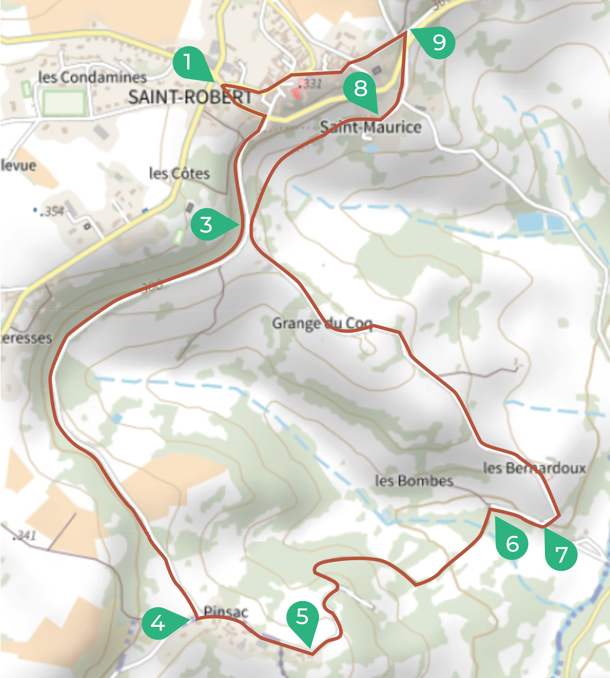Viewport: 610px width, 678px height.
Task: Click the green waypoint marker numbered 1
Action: pos(188,63)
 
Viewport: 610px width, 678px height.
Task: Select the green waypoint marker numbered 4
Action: pos(158,623)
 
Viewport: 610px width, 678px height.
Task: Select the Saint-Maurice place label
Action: pos(370,127)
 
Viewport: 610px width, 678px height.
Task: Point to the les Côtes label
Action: pos(179,173)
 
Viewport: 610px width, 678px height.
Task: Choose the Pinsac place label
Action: pos(226,612)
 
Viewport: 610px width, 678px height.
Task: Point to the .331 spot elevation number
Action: pos(311,83)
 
